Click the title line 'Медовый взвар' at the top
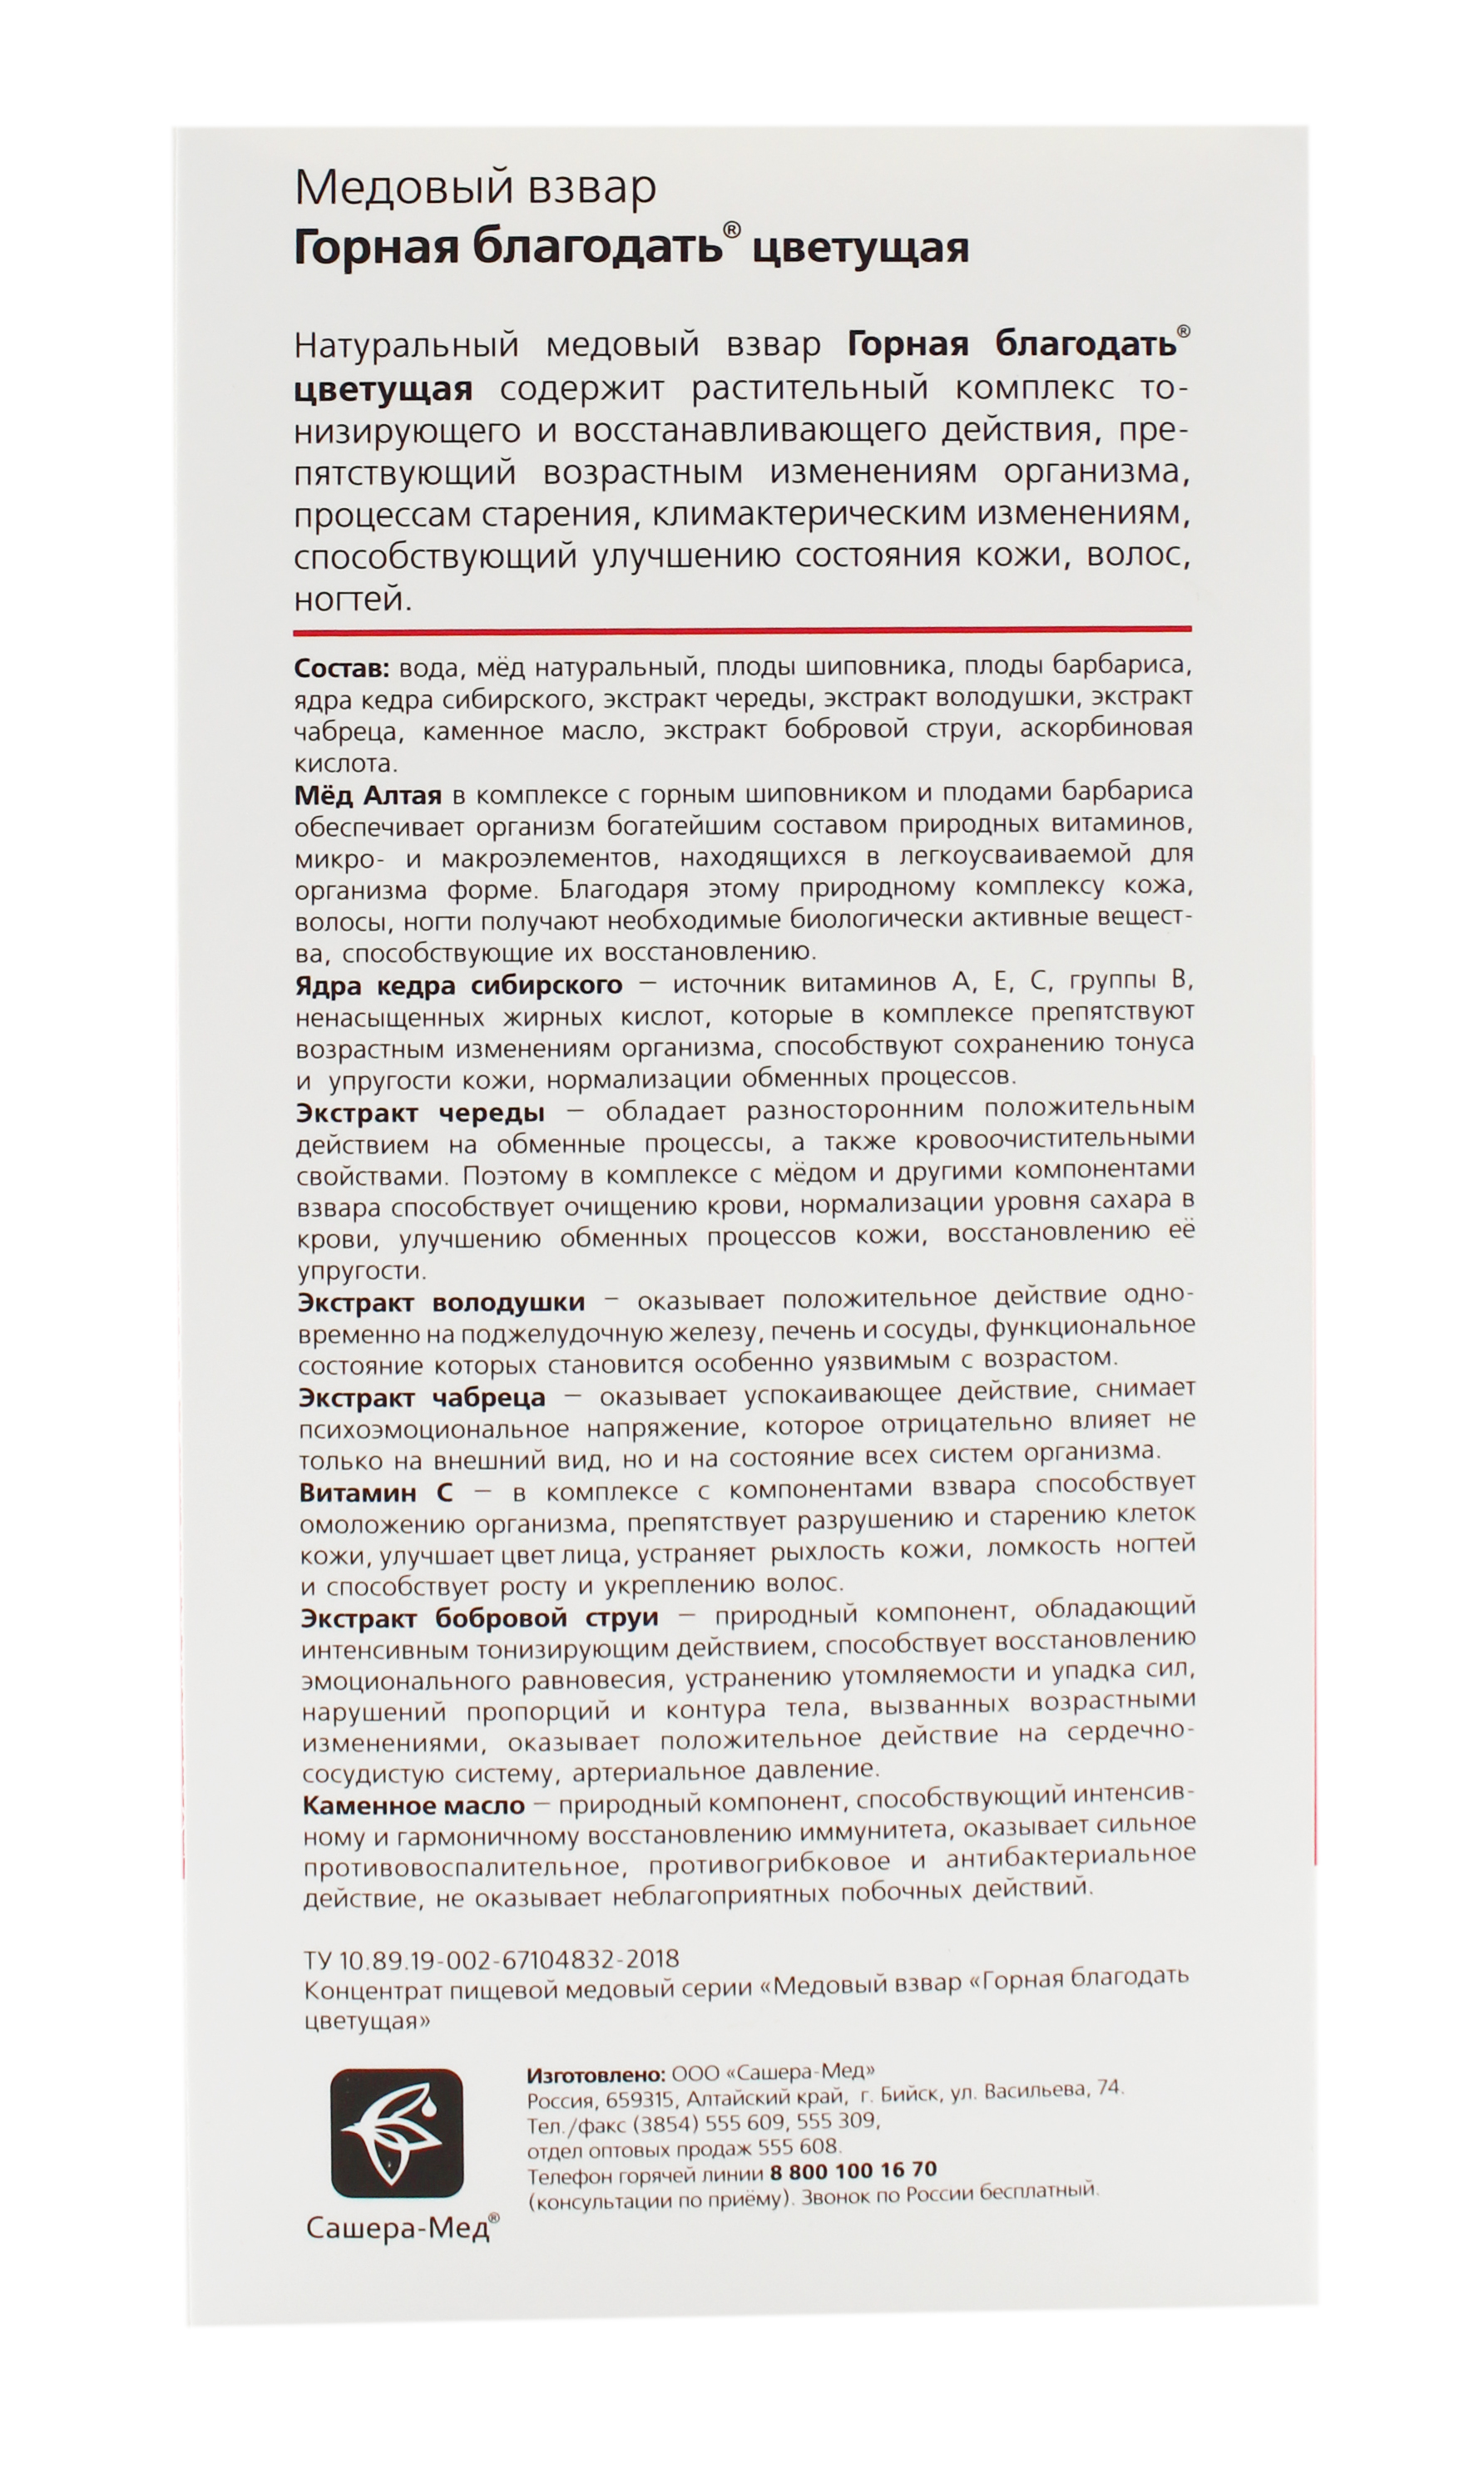[476, 187]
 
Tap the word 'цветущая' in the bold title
[859, 248]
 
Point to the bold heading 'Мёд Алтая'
[368, 795]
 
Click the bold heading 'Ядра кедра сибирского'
[458, 985]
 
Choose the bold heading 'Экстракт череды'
[422, 1112]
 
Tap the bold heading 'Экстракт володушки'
[442, 1302]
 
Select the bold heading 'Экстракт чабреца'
[423, 1397]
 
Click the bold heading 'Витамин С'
[377, 1493]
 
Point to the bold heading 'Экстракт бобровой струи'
[479, 1619]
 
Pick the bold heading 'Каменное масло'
[413, 1805]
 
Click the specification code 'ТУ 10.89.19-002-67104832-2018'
[492, 1960]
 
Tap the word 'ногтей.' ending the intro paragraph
[353, 600]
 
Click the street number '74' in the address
[1110, 2087]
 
